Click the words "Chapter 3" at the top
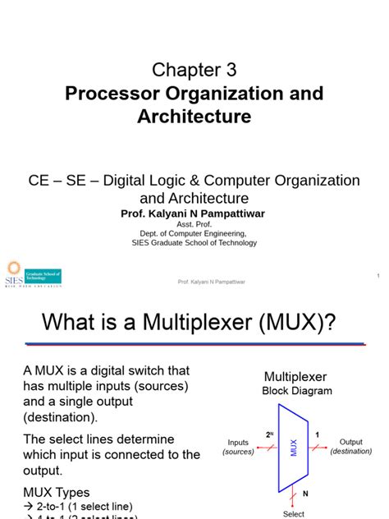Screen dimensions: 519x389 194,69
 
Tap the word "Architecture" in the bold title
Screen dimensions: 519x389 194,117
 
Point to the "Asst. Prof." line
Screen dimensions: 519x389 194,223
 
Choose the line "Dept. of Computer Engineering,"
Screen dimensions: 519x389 194,233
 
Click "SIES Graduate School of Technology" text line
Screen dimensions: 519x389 194,243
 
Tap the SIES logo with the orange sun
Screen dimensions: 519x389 32,276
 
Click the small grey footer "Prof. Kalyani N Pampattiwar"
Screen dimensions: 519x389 213,282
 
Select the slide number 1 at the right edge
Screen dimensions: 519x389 378,275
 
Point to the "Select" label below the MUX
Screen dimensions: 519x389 294,514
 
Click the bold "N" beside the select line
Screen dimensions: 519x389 306,495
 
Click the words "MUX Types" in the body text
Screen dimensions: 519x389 57,491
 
